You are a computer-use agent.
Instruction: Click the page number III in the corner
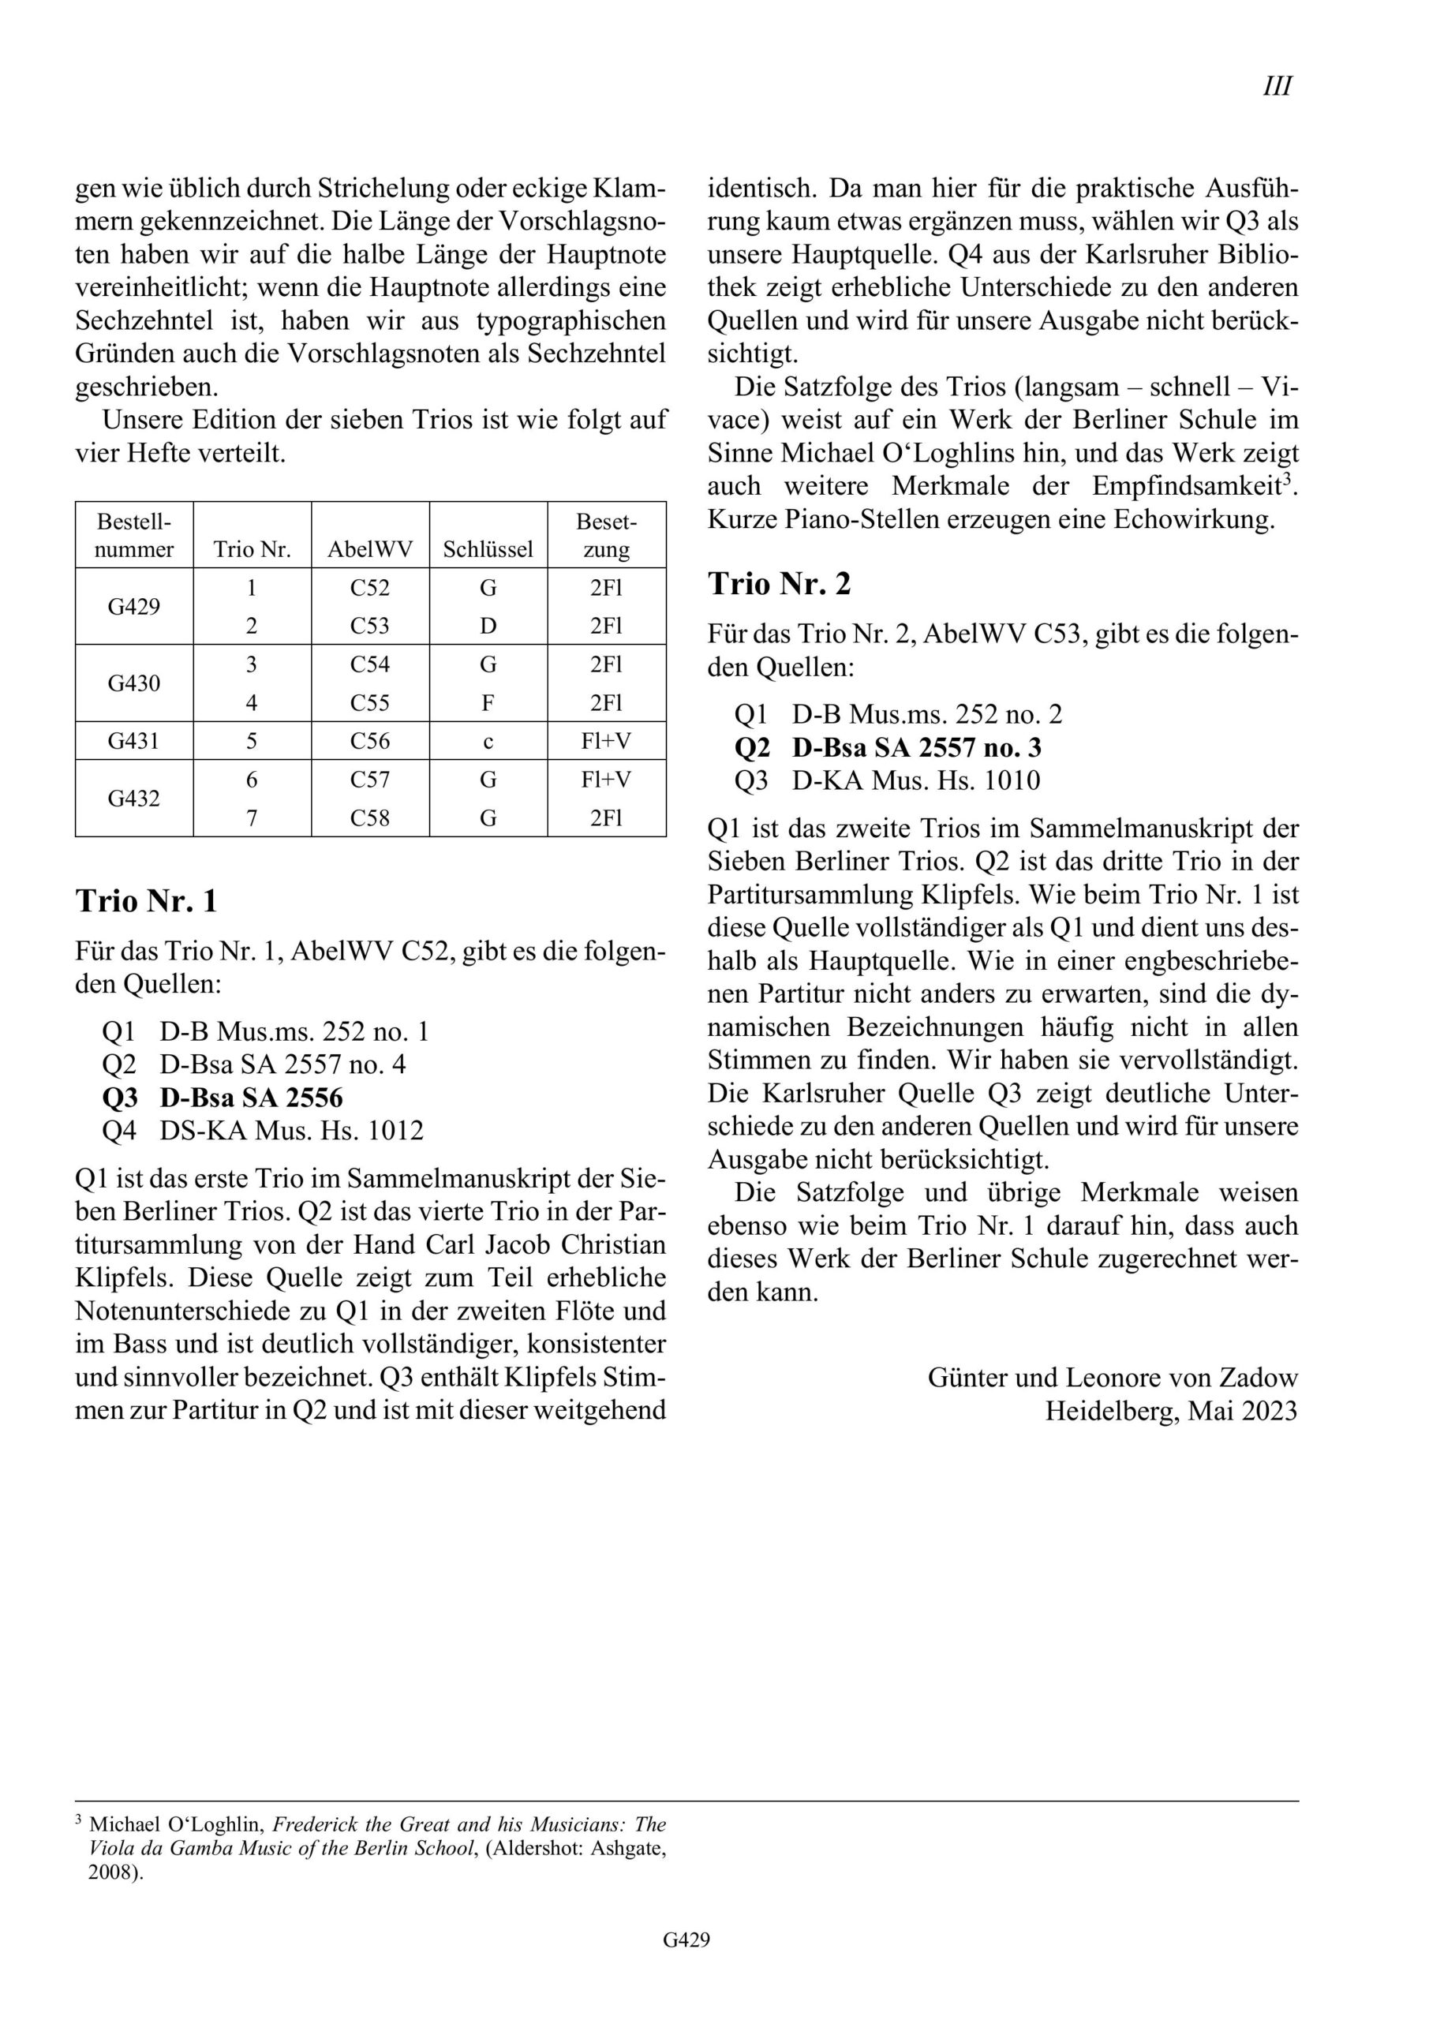[x=1277, y=86]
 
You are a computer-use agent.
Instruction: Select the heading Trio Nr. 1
[x=146, y=901]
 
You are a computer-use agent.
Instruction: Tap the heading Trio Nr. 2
[x=779, y=583]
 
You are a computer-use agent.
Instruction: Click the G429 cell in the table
[x=134, y=606]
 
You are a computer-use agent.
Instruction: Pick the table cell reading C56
[x=369, y=741]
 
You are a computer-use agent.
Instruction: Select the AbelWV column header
[x=369, y=550]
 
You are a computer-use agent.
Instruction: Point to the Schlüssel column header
[x=488, y=550]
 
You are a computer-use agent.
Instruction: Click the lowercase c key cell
[x=488, y=742]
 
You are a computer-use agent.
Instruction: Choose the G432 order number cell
[x=134, y=798]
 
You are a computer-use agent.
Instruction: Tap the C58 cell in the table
[x=369, y=818]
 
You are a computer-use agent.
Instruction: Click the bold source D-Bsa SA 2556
[x=251, y=1097]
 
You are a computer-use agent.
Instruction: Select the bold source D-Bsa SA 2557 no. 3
[x=916, y=748]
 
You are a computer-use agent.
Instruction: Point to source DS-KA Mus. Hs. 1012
[x=291, y=1131]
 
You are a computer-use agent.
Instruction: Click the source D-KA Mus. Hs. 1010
[x=915, y=780]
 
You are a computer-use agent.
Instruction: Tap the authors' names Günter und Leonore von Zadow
[x=1113, y=1378]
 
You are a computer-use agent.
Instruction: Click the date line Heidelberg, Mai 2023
[x=1170, y=1411]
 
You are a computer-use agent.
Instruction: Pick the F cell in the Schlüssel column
[x=488, y=703]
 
